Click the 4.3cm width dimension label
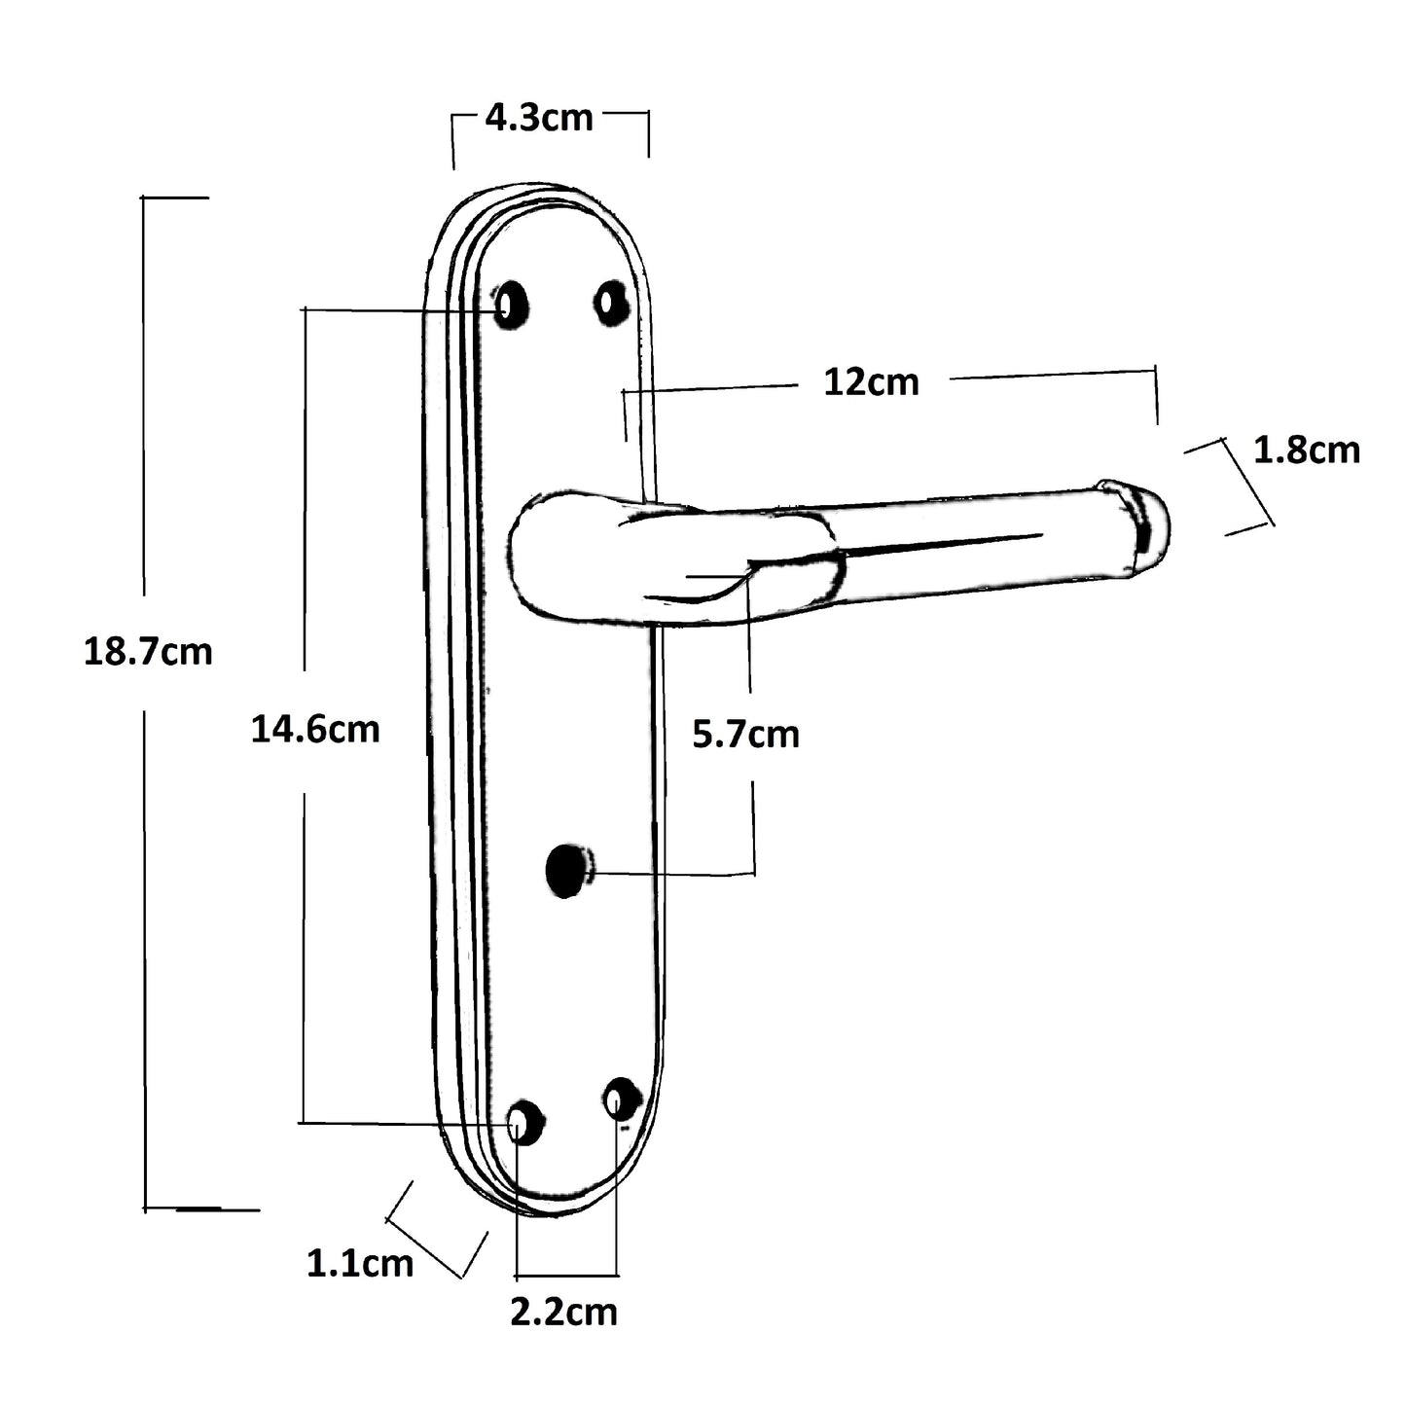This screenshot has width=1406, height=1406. pos(539,118)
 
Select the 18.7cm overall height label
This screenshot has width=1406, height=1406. pos(148,651)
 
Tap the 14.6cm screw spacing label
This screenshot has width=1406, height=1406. pos(315,729)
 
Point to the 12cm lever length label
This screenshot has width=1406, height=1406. pos(871,382)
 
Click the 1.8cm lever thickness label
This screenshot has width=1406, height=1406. pos(1306,451)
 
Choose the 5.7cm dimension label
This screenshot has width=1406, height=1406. pos(745,735)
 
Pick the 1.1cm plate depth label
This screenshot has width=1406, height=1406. pos(360,1264)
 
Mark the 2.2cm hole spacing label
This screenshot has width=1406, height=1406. pos(563,1312)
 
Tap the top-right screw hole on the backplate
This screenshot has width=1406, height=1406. pos(611,303)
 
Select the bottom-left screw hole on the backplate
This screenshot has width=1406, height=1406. pos(523,1123)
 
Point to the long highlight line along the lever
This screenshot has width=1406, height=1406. pos(944,545)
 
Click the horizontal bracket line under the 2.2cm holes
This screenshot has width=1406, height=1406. pos(566,1275)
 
